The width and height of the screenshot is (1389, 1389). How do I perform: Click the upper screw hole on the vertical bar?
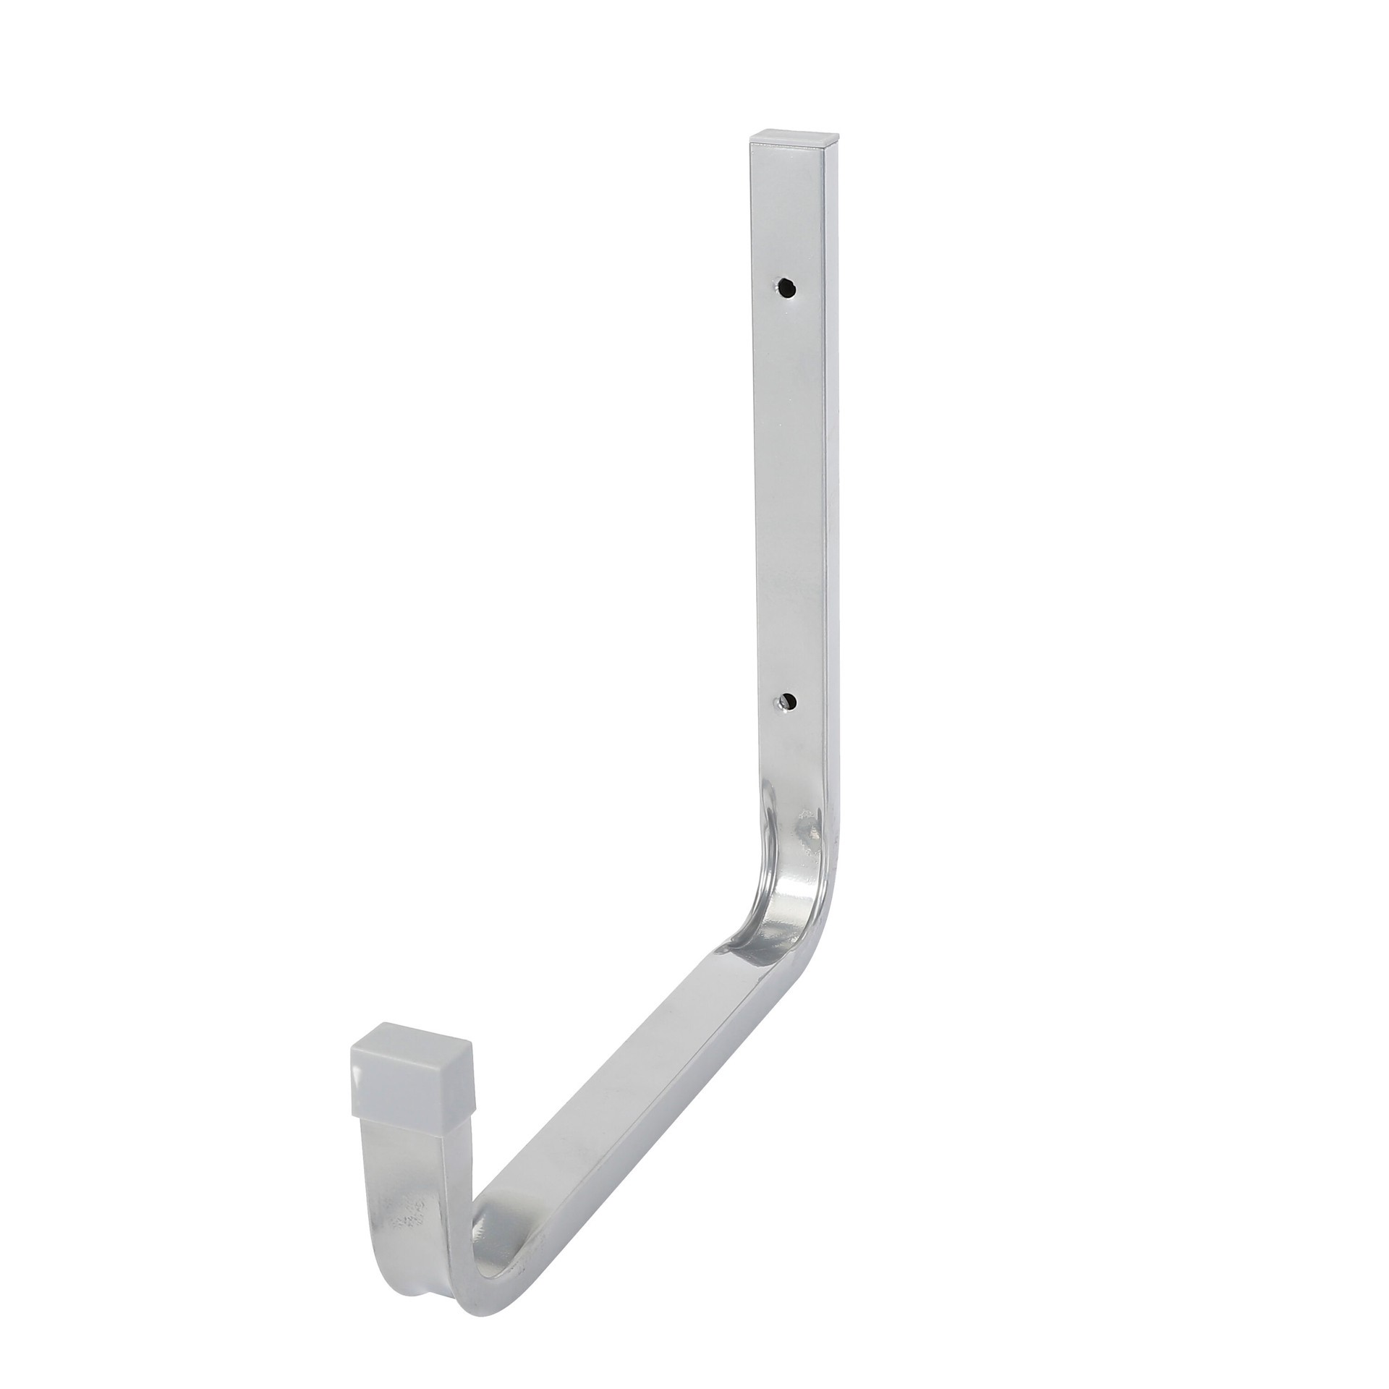click(786, 288)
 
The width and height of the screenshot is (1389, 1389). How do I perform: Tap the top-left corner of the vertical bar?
click(749, 145)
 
